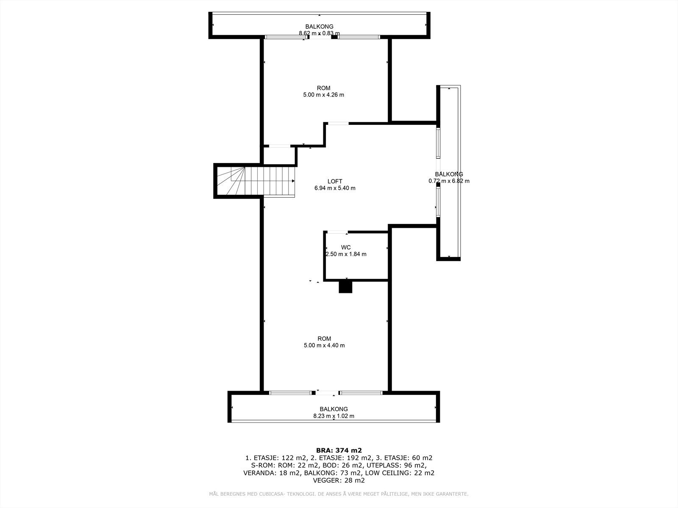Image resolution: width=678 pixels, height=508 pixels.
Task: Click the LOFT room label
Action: point(334,181)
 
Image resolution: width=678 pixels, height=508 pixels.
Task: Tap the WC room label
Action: point(346,247)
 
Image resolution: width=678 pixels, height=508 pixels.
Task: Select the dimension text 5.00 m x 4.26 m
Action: point(323,95)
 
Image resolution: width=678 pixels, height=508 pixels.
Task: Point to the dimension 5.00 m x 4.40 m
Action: point(324,345)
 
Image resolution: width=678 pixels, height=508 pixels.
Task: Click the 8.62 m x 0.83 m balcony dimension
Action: point(319,33)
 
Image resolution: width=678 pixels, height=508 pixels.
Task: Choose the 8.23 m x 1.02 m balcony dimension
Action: point(333,416)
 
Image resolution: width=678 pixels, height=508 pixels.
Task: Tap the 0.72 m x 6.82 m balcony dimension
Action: point(449,181)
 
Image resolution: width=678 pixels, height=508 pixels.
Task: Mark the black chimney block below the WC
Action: point(345,287)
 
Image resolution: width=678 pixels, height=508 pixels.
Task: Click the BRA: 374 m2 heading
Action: point(339,450)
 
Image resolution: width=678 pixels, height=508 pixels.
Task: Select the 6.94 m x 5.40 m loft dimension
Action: point(334,188)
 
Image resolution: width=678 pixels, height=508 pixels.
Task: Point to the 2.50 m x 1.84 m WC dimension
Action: point(346,254)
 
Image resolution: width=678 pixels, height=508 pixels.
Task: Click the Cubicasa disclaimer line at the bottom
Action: point(339,494)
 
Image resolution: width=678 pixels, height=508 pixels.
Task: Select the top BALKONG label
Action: point(319,26)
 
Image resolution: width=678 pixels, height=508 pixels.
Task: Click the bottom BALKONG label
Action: point(333,409)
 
